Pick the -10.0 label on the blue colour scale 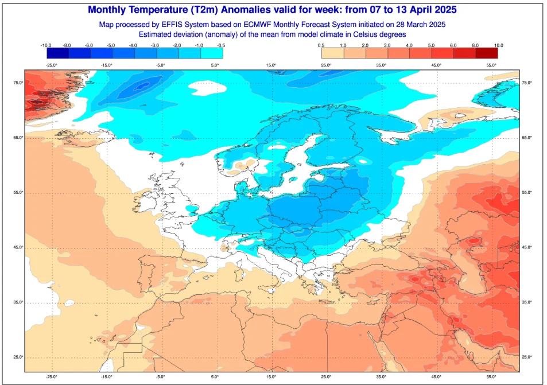[x=46, y=45]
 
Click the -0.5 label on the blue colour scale [x=220, y=45]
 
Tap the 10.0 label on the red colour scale [x=499, y=45]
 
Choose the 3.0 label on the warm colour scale [x=387, y=45]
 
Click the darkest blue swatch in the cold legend [x=58, y=53]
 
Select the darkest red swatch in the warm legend [x=486, y=53]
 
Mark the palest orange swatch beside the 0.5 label [x=333, y=53]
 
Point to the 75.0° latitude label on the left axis [x=18, y=83]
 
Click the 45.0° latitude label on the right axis [x=527, y=248]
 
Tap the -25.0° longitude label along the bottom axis [x=52, y=377]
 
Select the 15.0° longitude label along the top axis [x=271, y=65]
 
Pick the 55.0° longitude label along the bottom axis [x=491, y=377]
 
